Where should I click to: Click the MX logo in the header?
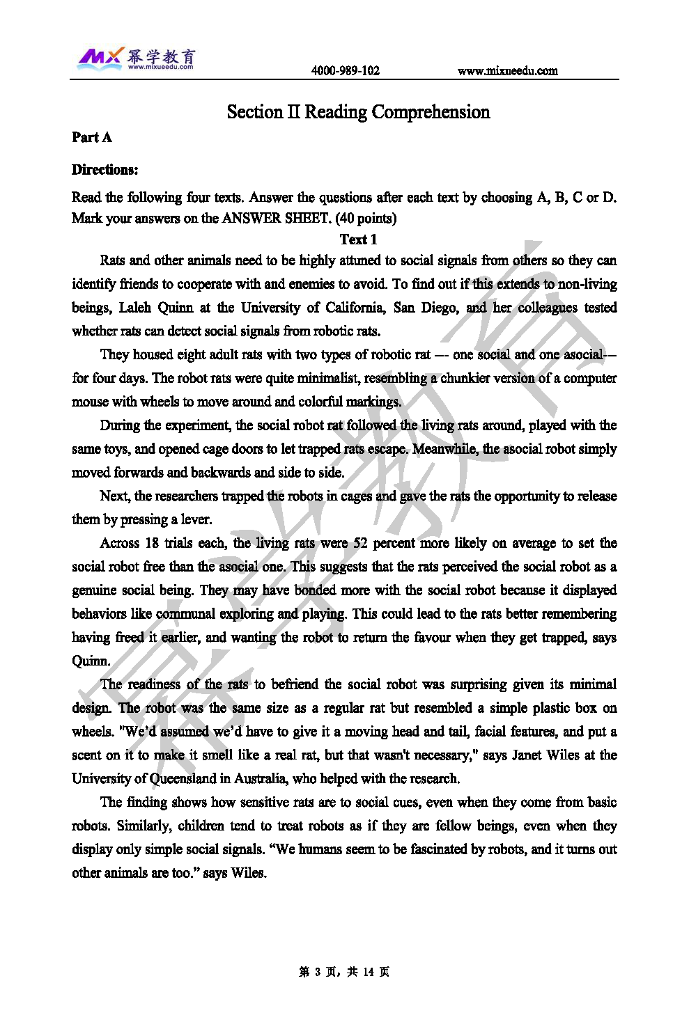coord(100,58)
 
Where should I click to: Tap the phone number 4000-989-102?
coord(345,70)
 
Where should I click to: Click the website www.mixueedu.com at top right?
coord(507,70)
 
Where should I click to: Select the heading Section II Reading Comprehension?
coord(358,112)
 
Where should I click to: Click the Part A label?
coord(91,137)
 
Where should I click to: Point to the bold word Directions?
coord(104,169)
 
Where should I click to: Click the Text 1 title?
coord(358,239)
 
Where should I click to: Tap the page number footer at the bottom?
coord(344,972)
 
